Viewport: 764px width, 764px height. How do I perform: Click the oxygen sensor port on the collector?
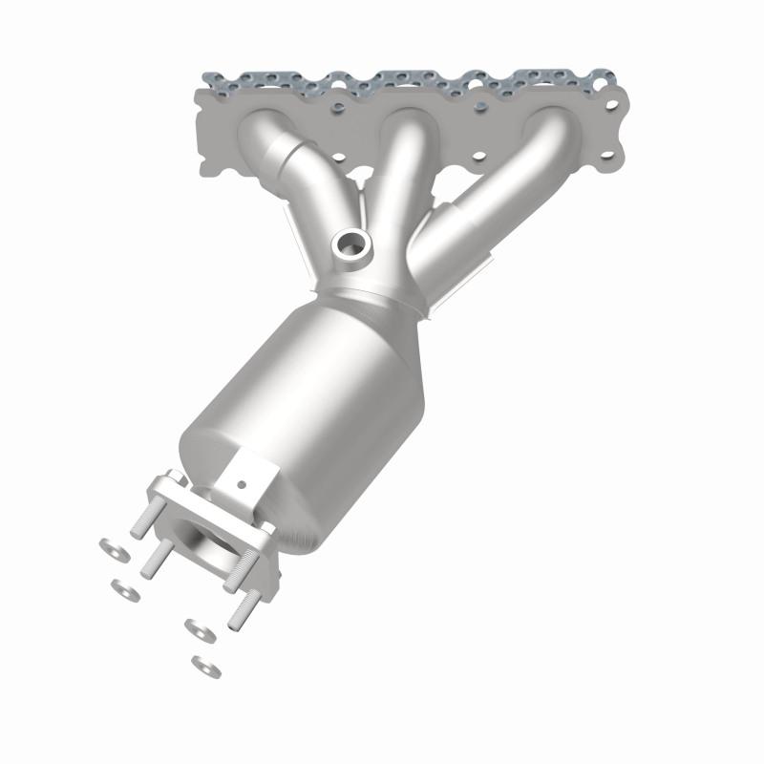351,245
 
